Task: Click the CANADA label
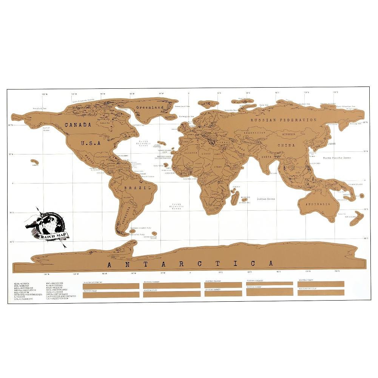coord(78,125)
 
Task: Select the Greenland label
coord(150,108)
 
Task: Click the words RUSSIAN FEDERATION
coord(284,120)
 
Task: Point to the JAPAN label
coord(332,144)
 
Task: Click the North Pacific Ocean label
coord(336,158)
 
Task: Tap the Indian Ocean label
coord(266,199)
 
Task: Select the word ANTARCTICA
coord(190,264)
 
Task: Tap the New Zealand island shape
coord(356,218)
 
